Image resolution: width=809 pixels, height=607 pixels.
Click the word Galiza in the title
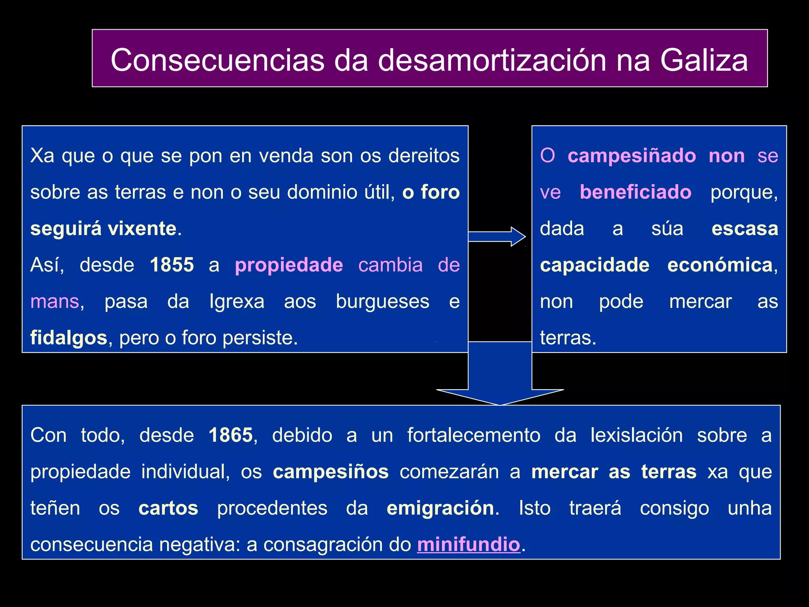704,60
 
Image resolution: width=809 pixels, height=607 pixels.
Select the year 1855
172,265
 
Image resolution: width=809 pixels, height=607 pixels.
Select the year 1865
231,435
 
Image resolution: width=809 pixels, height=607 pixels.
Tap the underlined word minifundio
468,545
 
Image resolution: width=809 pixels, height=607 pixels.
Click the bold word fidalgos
69,338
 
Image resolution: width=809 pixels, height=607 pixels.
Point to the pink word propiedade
289,265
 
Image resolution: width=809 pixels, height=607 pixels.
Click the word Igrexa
237,302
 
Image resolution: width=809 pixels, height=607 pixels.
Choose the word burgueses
382,302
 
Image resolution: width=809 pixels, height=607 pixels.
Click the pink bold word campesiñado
632,156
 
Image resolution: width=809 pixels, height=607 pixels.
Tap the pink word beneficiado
636,192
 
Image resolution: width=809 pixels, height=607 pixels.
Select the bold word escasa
745,228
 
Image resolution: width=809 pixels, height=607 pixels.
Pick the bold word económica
720,265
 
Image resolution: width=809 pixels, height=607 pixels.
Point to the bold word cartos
168,508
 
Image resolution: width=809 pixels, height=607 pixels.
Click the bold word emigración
440,508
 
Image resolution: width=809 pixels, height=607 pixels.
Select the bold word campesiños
331,472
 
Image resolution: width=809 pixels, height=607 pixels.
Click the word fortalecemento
474,435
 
